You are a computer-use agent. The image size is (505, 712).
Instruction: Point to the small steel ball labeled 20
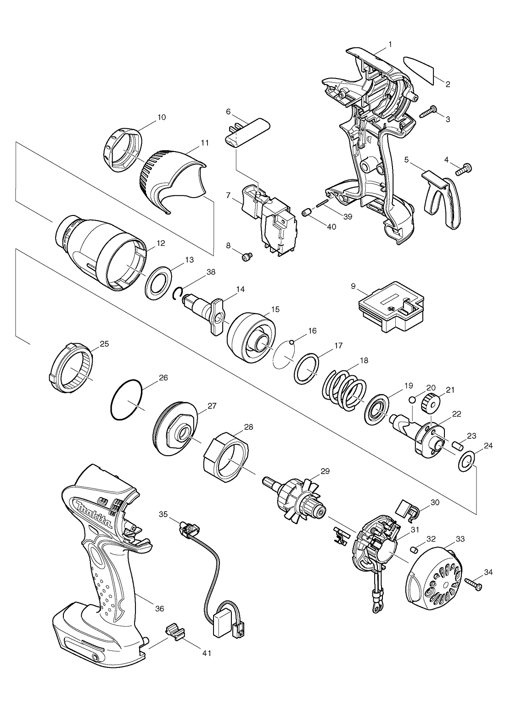click(x=412, y=399)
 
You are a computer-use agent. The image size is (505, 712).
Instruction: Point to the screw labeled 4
click(x=464, y=169)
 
